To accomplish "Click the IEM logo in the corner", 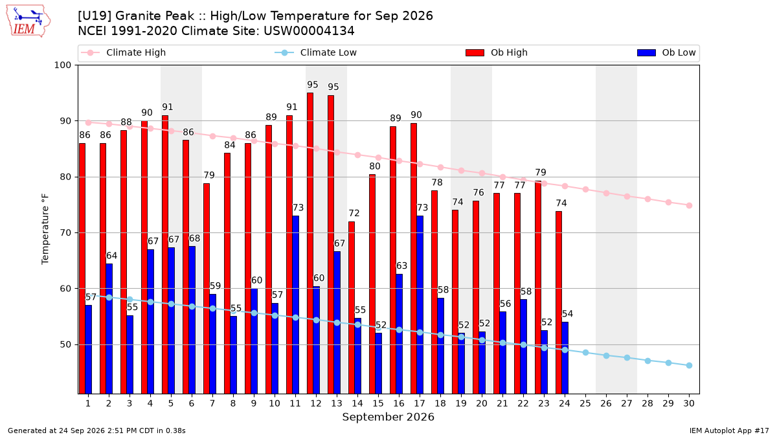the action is tap(28, 21).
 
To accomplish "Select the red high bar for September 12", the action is tap(310, 243).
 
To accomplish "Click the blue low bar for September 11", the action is tap(295, 304).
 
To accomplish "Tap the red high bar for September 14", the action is tap(352, 308).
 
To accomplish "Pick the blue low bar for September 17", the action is tap(420, 304).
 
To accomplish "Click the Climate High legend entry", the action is tap(124, 52).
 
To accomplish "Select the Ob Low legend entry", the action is tap(666, 52).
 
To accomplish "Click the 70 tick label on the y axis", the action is tap(65, 232).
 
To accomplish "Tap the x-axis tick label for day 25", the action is tap(585, 403).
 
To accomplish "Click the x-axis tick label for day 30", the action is tap(689, 403).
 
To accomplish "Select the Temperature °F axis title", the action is tap(45, 229).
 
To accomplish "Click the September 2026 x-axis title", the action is tap(388, 417).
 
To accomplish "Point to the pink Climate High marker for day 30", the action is tap(689, 206).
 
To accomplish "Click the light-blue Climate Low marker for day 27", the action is tap(627, 357).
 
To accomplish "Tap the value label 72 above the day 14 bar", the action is tap(354, 213).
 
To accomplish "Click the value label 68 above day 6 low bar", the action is tap(194, 238).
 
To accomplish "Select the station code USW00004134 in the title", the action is tap(309, 31).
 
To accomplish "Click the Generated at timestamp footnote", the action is tap(96, 431).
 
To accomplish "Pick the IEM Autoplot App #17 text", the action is tap(729, 431).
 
